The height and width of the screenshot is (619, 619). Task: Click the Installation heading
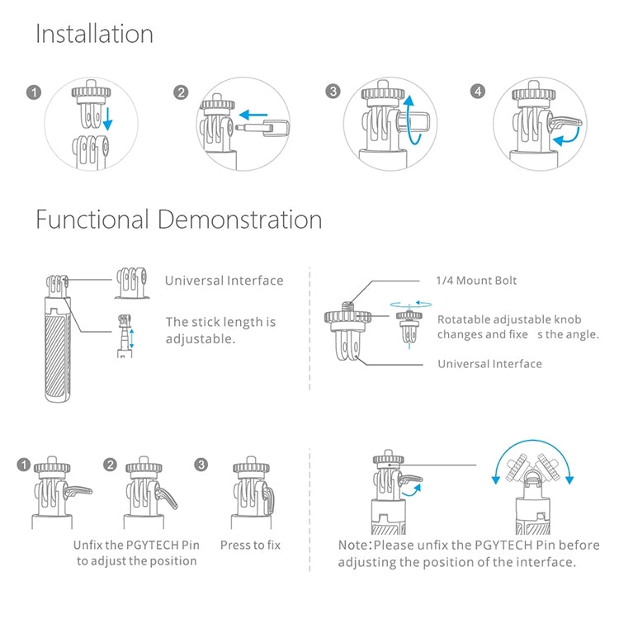coord(94,34)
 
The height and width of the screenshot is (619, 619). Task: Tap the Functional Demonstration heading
coord(179,219)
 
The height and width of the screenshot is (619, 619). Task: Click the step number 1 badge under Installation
coord(34,92)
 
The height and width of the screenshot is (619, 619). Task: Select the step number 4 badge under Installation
coord(478,92)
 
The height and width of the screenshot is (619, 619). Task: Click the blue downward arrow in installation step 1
coord(107,119)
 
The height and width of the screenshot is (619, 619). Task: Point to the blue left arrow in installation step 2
coord(253,116)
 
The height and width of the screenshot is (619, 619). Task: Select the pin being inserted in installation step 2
coord(262,127)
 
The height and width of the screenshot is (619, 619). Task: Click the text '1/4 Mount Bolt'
coord(476,281)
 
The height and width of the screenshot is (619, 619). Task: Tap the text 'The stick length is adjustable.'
coord(220,330)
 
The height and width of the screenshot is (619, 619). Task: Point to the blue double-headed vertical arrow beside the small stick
coord(132,338)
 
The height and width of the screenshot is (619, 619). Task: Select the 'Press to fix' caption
coord(250,546)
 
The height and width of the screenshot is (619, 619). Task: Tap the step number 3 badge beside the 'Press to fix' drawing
coord(201,465)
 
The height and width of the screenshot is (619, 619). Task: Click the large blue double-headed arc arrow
coord(532,446)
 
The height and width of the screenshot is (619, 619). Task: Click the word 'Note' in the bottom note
coord(352,546)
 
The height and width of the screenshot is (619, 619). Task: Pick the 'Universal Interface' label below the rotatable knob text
coord(489,364)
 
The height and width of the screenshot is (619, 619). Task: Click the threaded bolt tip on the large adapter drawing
coord(347,307)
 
